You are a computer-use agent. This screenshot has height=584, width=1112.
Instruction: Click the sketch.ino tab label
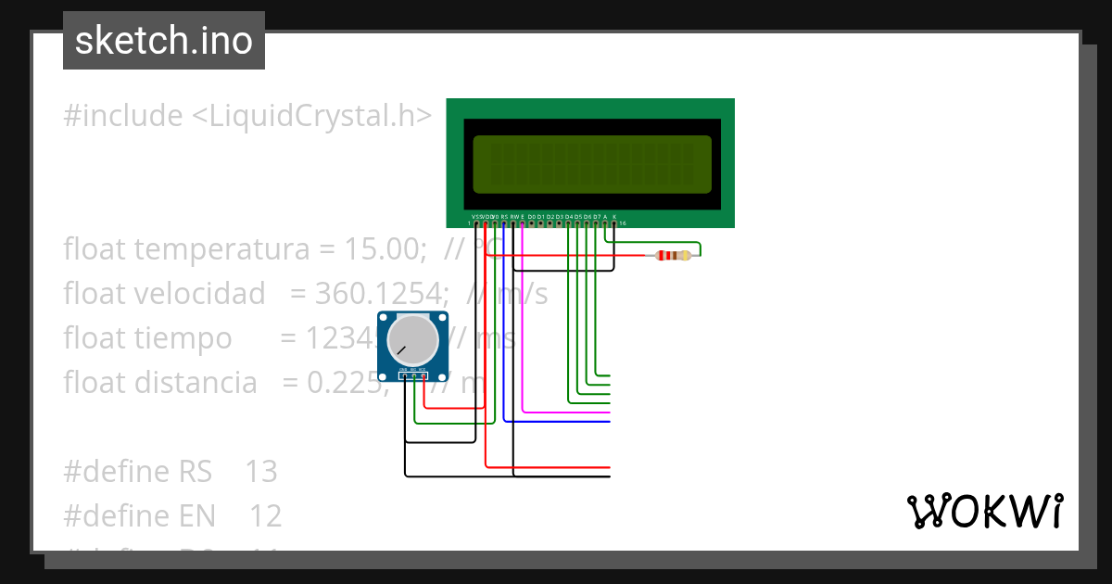click(164, 41)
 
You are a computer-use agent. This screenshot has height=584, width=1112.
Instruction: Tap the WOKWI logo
click(984, 511)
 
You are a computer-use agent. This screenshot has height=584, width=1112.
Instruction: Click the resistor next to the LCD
click(673, 255)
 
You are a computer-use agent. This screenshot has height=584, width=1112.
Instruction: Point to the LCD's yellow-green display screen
click(592, 164)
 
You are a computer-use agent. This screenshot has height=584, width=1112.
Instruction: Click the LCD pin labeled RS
click(503, 222)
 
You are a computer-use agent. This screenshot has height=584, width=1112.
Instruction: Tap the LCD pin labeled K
click(614, 222)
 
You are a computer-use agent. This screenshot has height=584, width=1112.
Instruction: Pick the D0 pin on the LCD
click(531, 222)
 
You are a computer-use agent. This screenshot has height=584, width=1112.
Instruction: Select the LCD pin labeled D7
click(596, 222)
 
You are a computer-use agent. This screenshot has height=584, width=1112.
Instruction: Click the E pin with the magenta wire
click(522, 222)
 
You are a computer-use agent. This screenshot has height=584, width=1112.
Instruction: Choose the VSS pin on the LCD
click(475, 222)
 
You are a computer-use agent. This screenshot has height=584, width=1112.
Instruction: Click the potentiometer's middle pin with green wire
click(414, 375)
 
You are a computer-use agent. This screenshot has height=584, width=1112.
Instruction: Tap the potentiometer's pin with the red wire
click(423, 375)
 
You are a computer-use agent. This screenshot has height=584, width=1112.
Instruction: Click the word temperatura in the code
click(183, 249)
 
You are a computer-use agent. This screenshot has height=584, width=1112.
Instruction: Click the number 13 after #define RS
click(261, 471)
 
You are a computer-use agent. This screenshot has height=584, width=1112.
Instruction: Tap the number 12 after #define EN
click(265, 515)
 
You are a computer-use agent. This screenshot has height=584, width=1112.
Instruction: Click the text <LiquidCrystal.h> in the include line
click(311, 116)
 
